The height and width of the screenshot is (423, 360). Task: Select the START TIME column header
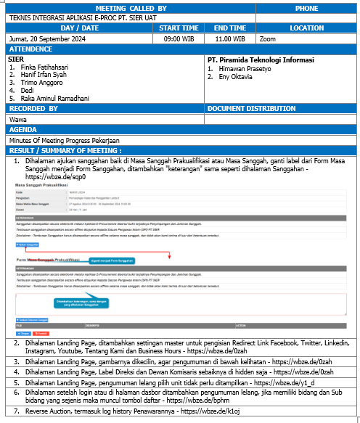tap(179, 28)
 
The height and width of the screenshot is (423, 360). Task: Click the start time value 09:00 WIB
tap(179, 38)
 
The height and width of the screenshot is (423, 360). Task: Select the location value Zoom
tap(268, 38)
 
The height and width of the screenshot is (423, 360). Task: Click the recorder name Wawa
tap(17, 119)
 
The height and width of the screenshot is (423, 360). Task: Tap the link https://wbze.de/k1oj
tap(211, 411)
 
